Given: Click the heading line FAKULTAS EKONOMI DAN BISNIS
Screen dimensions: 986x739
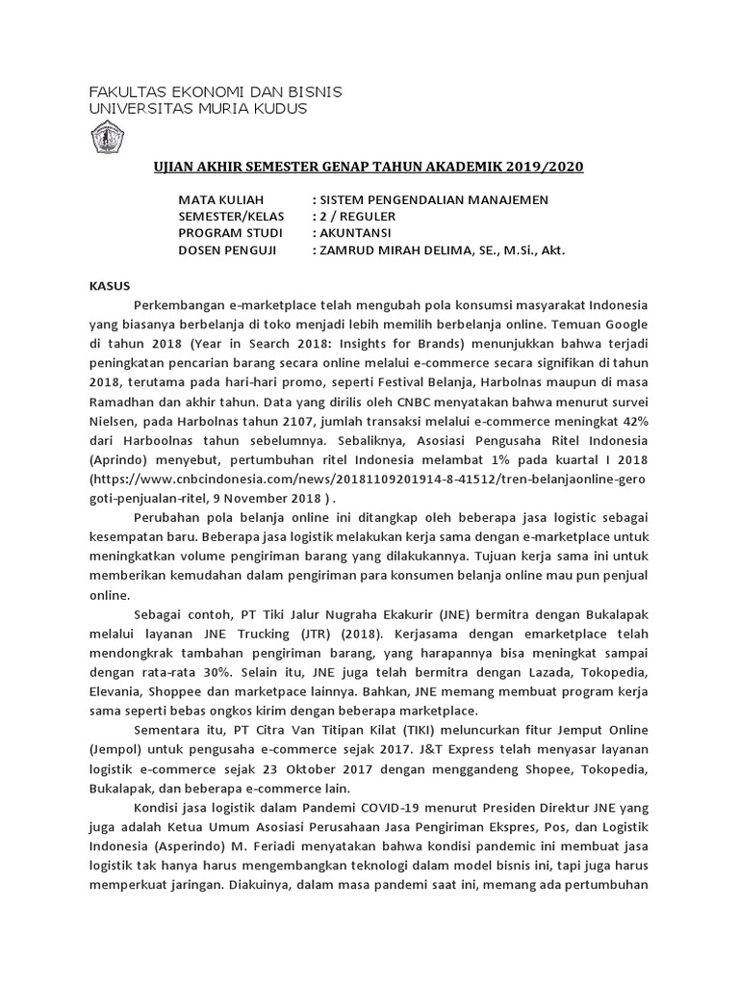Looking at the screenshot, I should pos(215,91).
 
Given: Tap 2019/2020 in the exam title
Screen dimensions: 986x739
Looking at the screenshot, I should pos(547,167).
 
